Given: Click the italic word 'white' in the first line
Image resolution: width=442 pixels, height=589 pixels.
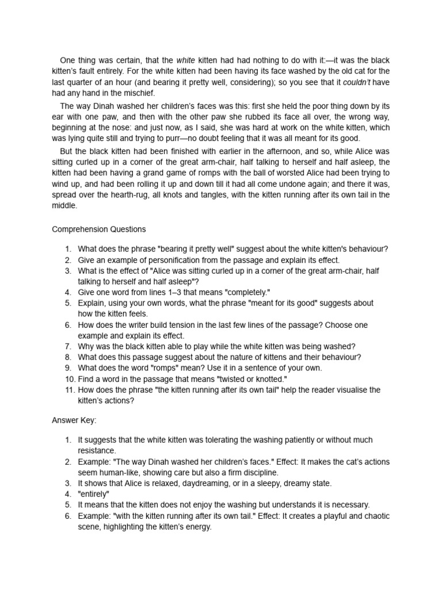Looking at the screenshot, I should coord(186,60).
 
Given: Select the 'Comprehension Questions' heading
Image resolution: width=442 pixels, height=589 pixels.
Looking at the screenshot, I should coord(99,229).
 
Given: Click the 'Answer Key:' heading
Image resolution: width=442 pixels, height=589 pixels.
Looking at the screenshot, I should coord(74,420).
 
